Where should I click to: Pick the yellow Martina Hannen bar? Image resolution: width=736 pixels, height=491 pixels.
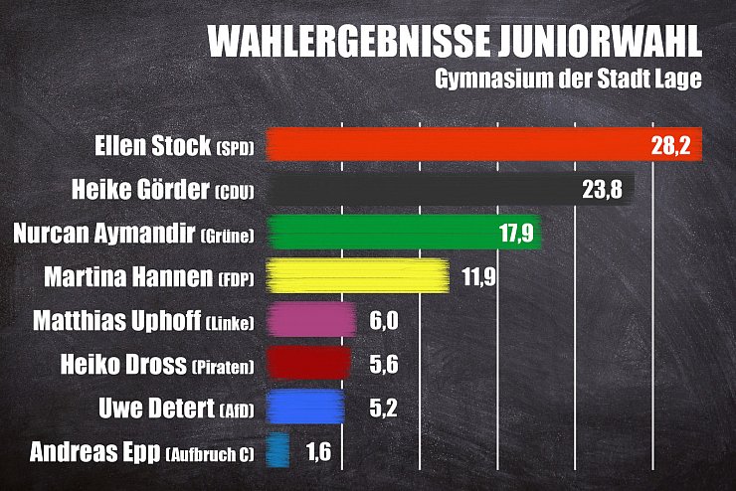coord(358,276)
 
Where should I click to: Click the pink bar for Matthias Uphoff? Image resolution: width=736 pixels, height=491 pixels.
coord(312,320)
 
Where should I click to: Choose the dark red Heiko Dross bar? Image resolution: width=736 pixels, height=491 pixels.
coord(310,364)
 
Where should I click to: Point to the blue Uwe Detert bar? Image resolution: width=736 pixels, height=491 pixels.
coord(308,407)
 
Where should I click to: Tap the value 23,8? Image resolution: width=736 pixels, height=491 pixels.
coord(602,190)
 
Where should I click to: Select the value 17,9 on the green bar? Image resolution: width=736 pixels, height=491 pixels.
coord(516,233)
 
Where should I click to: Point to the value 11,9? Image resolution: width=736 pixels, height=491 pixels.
coord(478,276)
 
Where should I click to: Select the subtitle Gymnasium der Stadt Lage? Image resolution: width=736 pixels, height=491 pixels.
coord(568,81)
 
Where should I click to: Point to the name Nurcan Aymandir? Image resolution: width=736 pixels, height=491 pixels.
coord(103,234)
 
